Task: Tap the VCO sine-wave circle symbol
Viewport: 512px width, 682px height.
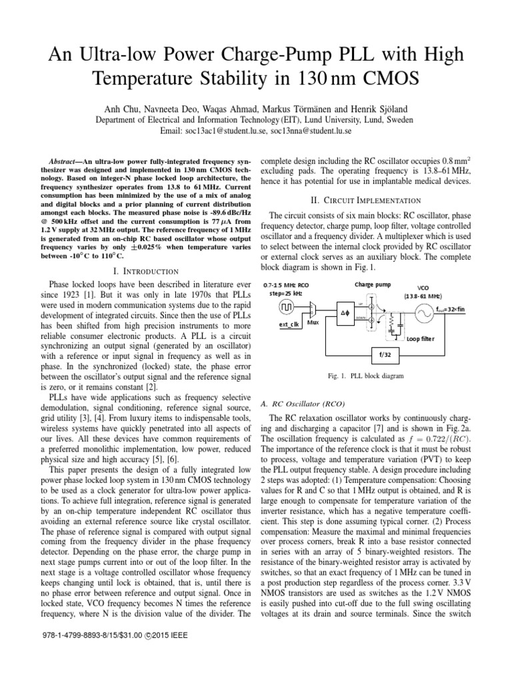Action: point(422,312)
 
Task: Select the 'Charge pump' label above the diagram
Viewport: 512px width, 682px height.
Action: point(373,283)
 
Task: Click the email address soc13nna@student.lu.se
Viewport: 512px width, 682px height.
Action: point(312,131)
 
